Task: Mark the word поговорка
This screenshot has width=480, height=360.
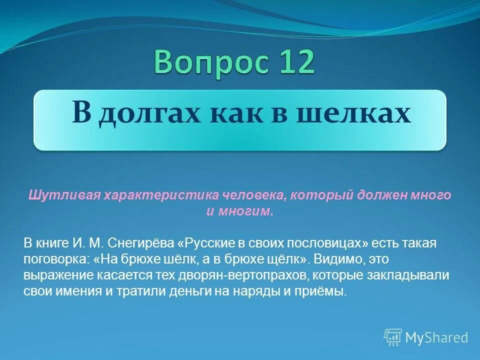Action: coord(55,259)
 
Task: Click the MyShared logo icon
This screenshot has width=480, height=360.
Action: coord(393,337)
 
